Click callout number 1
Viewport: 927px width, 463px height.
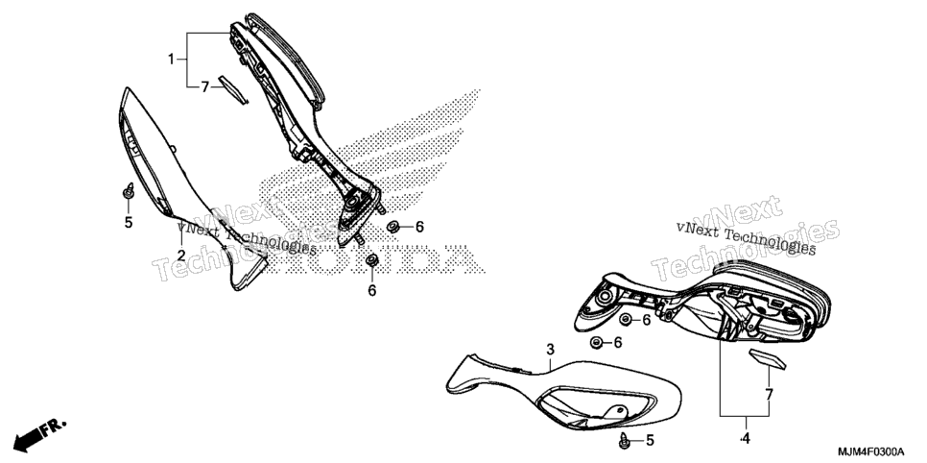171,59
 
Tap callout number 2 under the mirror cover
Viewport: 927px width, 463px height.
181,256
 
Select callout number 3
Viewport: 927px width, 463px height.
551,350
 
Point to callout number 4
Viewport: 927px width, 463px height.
745,439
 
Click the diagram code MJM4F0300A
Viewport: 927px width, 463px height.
870,451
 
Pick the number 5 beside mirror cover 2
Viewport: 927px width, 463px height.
129,223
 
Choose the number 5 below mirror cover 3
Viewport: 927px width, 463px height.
650,440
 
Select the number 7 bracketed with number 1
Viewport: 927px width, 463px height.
204,87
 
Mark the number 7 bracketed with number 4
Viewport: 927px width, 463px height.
769,394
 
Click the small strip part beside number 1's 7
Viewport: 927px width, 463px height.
232,89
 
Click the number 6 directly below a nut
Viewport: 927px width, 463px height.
372,291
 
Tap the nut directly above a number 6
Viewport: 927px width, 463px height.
372,259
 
